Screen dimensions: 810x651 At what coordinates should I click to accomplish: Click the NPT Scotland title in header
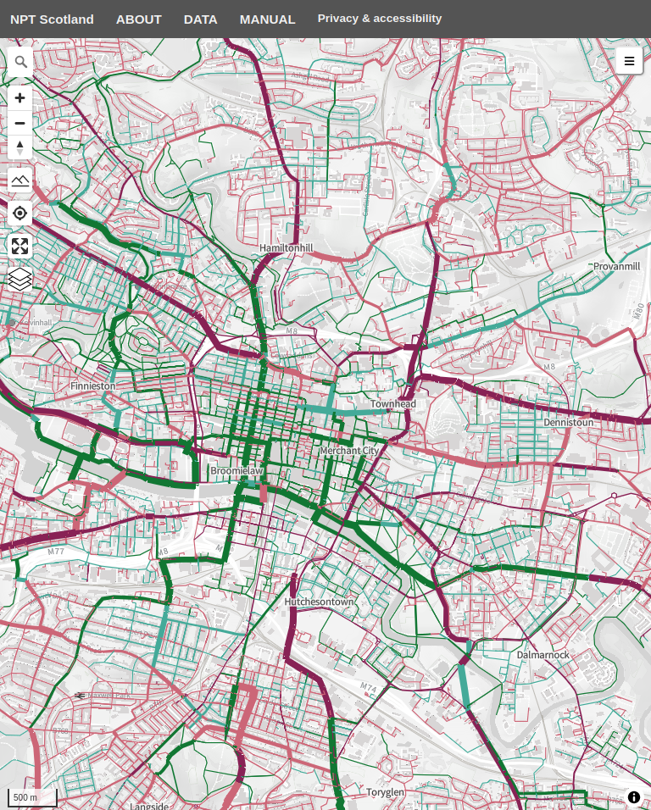click(x=52, y=19)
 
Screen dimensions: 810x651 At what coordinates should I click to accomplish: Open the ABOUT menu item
click(x=139, y=19)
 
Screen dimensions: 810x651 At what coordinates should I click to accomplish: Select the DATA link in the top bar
click(x=201, y=19)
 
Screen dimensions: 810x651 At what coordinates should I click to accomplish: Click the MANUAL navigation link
click(x=267, y=19)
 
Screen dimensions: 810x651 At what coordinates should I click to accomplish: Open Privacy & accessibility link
click(x=380, y=18)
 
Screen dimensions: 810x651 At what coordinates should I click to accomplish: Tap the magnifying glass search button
click(x=20, y=61)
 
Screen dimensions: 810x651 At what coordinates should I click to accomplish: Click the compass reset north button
click(x=20, y=147)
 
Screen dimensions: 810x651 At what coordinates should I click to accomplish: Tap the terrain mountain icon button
click(x=20, y=180)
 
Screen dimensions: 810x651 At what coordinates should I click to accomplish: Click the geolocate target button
click(x=20, y=213)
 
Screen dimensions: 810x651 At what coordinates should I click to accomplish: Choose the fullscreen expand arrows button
click(x=20, y=247)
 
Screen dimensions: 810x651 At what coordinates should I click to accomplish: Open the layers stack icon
click(x=20, y=279)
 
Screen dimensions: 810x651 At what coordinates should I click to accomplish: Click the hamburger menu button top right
click(x=629, y=61)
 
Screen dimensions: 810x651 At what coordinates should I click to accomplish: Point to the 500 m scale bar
click(x=32, y=797)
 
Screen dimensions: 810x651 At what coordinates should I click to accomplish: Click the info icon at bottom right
click(x=634, y=797)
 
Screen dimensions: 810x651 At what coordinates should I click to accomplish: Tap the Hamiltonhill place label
click(x=286, y=247)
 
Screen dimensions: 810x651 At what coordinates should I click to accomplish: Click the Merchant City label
click(x=348, y=452)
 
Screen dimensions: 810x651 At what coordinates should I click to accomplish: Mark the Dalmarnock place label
click(x=543, y=655)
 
